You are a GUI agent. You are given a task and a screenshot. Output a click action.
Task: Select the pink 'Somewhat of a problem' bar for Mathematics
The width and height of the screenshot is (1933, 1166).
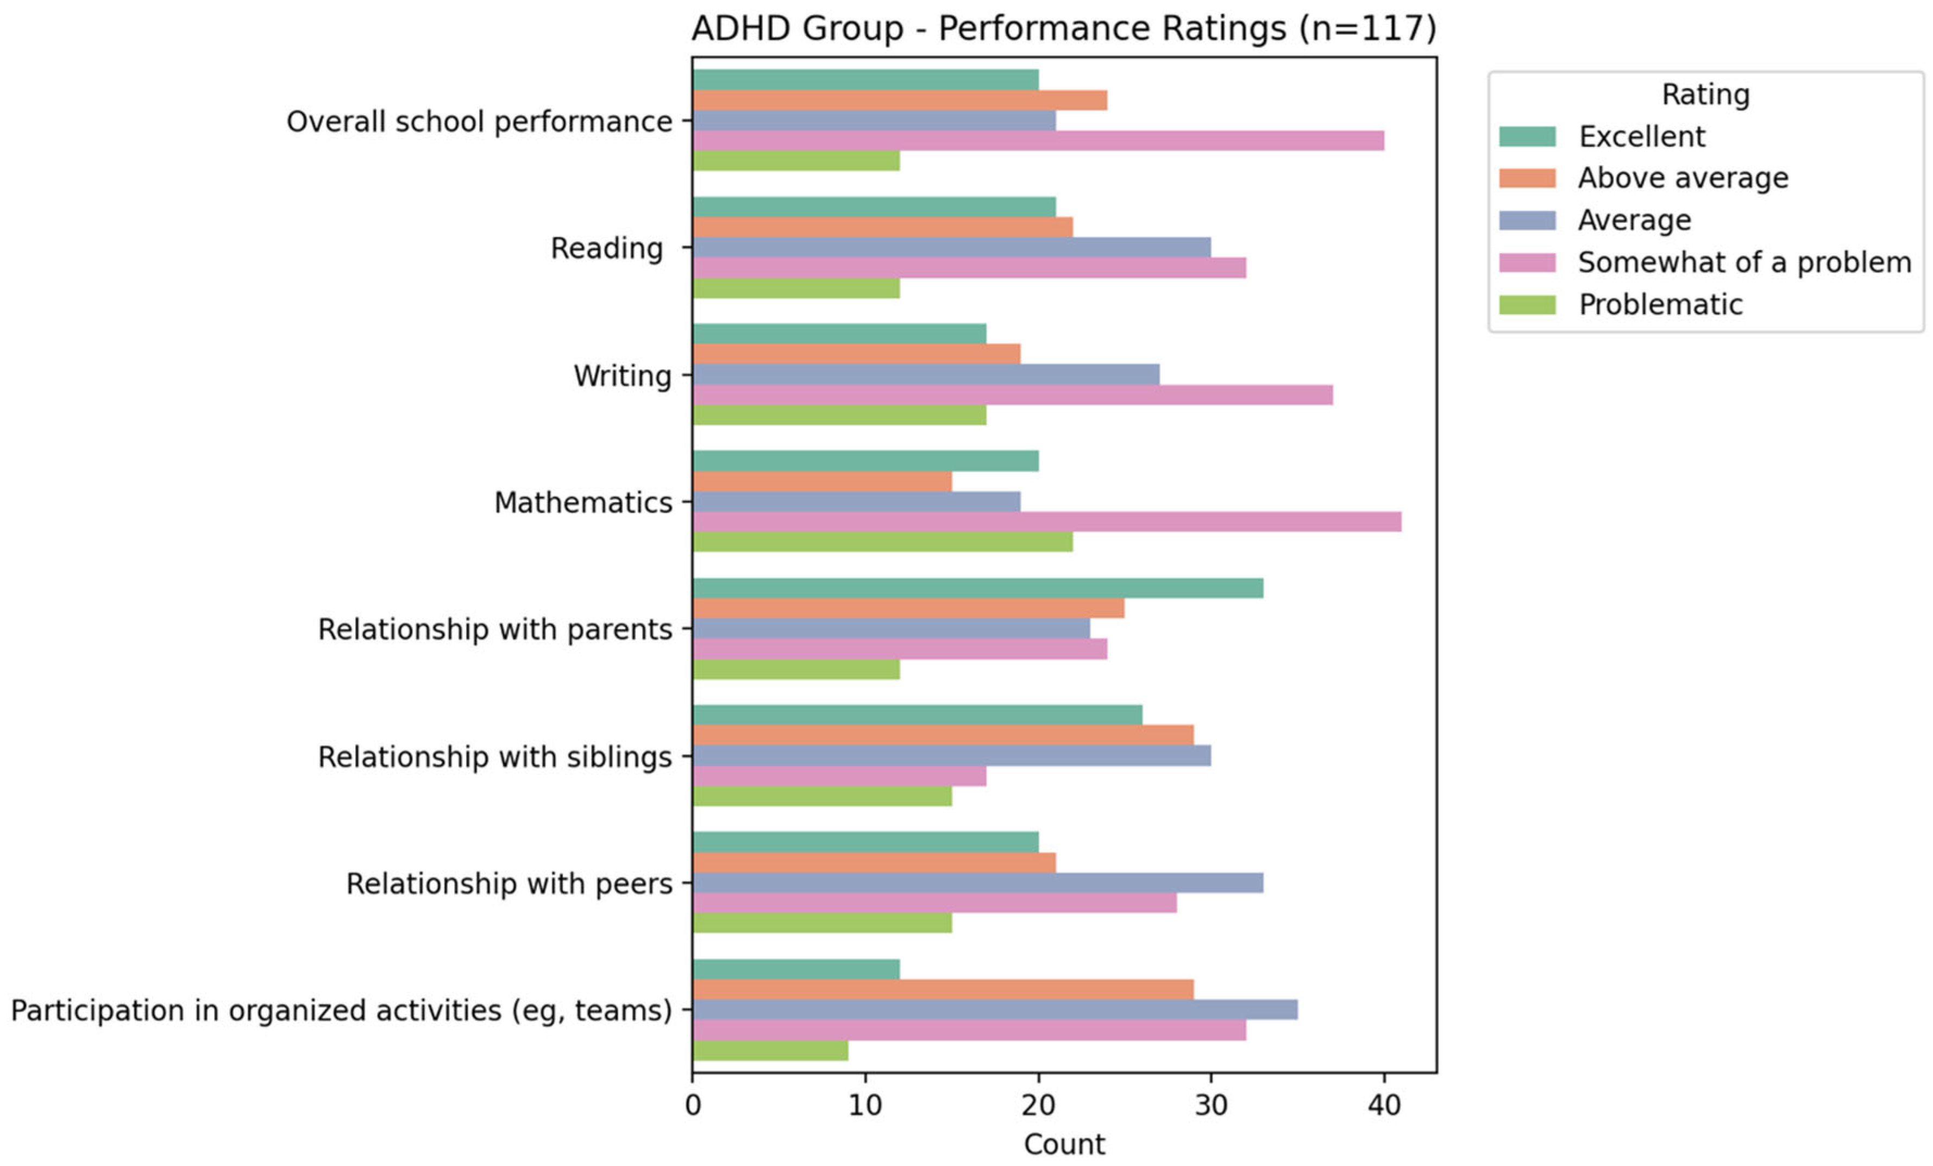click(1046, 522)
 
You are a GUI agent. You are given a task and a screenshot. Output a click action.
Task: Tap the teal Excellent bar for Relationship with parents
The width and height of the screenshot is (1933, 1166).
click(977, 588)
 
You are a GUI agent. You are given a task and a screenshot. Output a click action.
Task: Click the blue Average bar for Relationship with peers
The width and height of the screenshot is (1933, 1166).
click(977, 883)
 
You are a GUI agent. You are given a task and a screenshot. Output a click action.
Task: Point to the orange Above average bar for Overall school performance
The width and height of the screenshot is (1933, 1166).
click(900, 101)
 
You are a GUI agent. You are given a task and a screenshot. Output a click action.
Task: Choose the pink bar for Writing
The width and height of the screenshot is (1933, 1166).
click(1013, 394)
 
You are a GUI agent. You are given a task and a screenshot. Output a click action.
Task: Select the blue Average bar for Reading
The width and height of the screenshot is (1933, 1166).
click(952, 247)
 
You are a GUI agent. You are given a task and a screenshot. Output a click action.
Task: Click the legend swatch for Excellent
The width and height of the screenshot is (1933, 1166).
click(1527, 136)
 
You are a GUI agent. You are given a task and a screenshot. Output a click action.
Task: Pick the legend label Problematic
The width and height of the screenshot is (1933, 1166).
click(1661, 304)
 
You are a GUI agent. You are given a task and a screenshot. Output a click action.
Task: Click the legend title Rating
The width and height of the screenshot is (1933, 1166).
click(1705, 94)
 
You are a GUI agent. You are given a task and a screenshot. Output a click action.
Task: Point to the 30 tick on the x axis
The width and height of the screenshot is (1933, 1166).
click(1212, 1076)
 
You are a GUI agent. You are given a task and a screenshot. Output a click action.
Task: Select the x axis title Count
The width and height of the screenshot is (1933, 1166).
click(1064, 1145)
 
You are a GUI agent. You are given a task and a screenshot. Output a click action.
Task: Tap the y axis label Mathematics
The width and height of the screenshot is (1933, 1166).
click(583, 502)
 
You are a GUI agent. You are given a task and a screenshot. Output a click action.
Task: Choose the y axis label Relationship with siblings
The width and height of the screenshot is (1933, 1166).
click(495, 757)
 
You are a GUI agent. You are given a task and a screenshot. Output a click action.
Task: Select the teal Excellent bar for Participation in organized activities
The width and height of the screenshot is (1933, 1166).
click(796, 969)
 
